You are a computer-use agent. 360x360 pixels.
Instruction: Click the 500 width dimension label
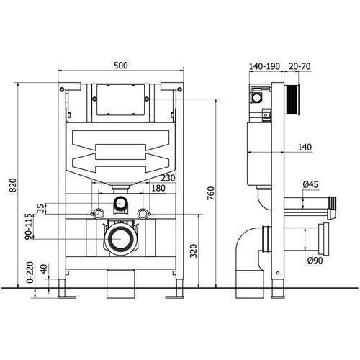[121, 66]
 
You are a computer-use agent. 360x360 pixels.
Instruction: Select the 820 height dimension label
[13, 185]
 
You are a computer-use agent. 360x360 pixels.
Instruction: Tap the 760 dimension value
[210, 194]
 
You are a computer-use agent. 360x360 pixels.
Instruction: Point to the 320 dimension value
[194, 251]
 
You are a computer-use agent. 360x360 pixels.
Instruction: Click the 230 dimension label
[168, 178]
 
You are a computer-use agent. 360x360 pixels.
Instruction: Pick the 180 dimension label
[158, 188]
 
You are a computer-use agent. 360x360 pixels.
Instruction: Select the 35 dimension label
[41, 208]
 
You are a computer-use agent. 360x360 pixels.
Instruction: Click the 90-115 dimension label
[28, 227]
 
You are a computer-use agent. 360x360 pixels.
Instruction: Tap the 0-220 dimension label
[30, 272]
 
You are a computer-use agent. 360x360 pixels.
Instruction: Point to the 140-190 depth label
[264, 66]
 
